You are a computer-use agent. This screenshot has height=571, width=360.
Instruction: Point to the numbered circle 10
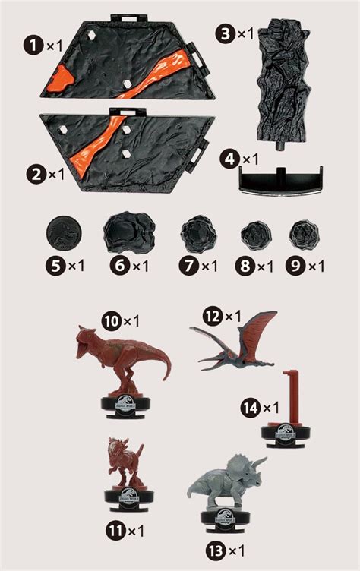112,322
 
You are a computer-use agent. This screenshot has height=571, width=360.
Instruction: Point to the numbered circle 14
249,408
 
